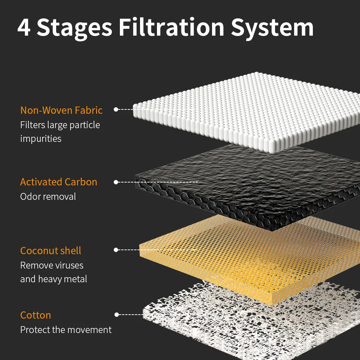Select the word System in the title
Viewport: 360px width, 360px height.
272,28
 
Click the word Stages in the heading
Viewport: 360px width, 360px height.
75,28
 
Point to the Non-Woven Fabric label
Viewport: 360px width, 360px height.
61,110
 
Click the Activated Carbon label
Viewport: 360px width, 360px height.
59,182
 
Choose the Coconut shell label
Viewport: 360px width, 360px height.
50,251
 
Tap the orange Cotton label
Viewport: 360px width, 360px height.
35,315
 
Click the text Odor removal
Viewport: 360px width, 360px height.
48,197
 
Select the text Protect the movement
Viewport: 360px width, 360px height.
66,330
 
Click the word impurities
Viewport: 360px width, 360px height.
41,139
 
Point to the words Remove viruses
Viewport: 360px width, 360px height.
51,265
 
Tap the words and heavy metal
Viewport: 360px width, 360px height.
54,279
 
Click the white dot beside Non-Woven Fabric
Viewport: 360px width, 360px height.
116,109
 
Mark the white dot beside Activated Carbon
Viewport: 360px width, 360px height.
116,182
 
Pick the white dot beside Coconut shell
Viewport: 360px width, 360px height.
116,249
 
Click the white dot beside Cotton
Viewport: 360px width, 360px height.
117,315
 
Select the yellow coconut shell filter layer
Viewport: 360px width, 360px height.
250,255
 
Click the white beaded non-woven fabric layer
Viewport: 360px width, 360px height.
248,110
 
